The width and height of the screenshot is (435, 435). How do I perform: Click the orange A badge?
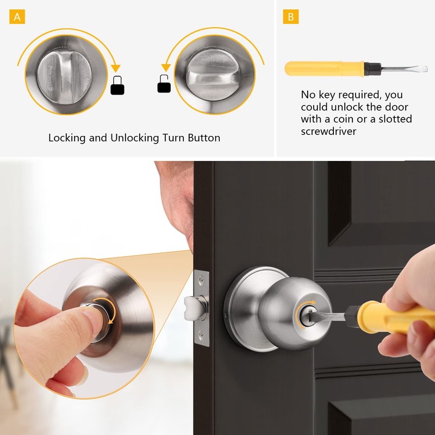[17, 17]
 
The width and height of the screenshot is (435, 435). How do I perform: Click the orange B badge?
[290, 17]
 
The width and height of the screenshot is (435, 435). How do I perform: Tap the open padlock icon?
[164, 84]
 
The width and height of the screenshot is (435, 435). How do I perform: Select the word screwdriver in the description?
[328, 132]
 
